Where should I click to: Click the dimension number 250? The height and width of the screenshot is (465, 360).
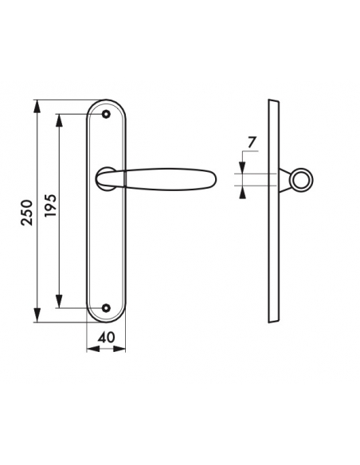pos(27,213)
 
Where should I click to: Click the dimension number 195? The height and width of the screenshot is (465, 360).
pos(51,205)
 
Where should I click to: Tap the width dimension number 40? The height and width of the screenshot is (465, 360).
pos(106,337)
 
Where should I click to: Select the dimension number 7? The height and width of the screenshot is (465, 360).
pos(251,143)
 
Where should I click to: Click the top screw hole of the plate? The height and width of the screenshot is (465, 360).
pos(106,114)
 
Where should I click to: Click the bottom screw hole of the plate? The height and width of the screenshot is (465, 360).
pos(106,308)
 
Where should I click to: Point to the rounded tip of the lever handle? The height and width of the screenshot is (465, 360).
pos(215,179)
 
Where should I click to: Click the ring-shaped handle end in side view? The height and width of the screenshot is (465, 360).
pos(303,179)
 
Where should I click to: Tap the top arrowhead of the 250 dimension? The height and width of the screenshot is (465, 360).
pos(37,106)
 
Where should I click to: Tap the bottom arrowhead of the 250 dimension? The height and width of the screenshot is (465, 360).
pos(37,315)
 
